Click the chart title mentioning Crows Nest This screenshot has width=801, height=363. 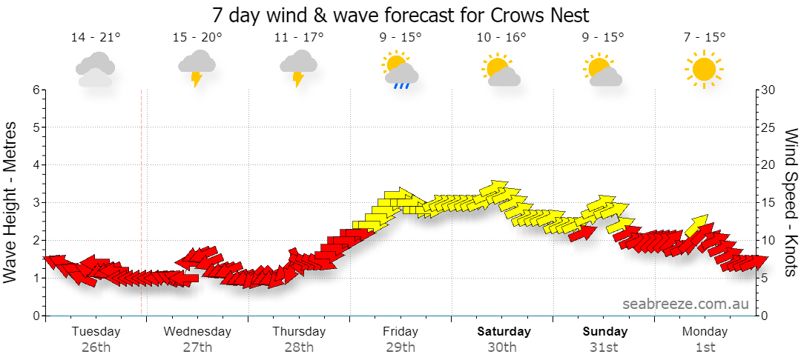tap(400, 15)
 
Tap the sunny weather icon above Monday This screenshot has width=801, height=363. tap(705, 69)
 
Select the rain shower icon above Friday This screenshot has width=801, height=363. tap(400, 70)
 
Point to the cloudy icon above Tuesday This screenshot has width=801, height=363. tap(95, 70)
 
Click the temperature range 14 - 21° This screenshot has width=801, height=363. tap(96, 37)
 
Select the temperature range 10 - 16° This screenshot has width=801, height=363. tap(501, 37)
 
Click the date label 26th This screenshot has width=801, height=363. tap(96, 348)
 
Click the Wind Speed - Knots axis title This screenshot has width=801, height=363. tap(788, 203)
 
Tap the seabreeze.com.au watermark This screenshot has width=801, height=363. tap(685, 304)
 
